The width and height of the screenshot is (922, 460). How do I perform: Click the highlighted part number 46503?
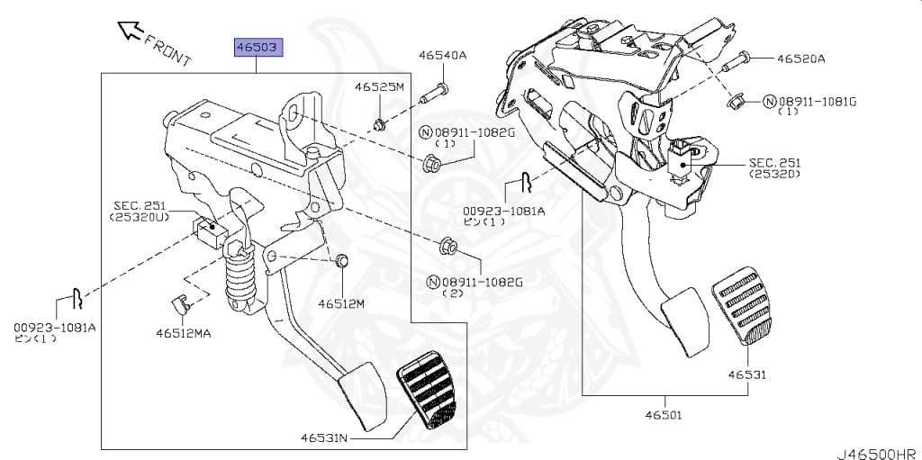pos(259,46)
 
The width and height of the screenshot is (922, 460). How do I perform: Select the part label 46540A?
pos(442,56)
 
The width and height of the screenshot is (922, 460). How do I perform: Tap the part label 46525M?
pos(379,87)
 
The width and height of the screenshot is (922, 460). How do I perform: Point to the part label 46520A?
pos(801,59)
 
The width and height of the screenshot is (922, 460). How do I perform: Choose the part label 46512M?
pos(341,303)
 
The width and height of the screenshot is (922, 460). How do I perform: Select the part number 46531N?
pos(324,438)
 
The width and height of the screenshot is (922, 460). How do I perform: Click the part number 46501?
pos(664,415)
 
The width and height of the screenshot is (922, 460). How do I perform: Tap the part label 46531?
pos(748,374)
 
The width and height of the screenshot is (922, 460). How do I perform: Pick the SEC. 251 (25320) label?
pos(775,167)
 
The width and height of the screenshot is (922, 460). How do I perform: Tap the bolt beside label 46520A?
pos(736,61)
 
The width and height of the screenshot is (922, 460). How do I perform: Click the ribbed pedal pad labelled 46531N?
pos(429,392)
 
